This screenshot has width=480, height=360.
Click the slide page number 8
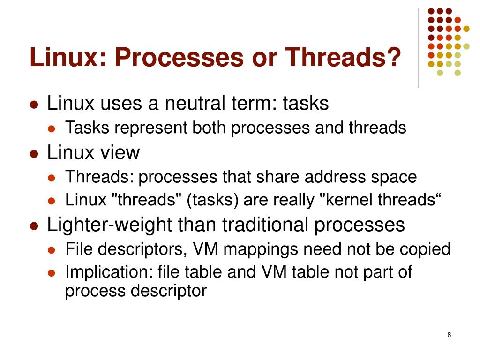pos(449,335)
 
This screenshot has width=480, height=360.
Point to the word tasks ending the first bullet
pos(306,103)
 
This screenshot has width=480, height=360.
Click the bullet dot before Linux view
pos(34,154)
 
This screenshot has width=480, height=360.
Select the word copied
pos(425,249)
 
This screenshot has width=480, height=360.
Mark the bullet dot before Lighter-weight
pos(34,226)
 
